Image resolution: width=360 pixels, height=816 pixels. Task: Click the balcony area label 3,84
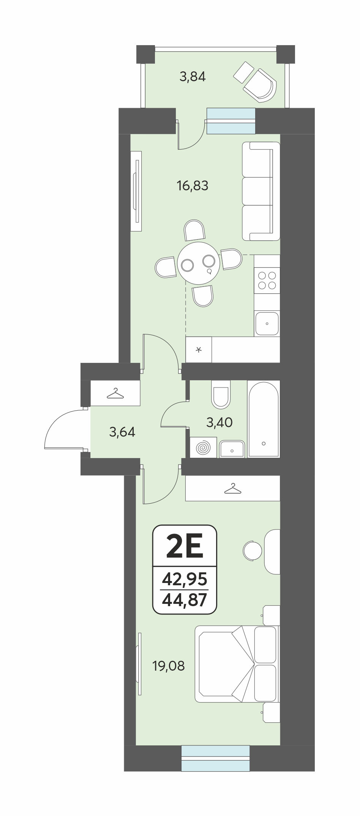click(x=193, y=77)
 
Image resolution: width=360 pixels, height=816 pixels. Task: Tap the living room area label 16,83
click(x=192, y=186)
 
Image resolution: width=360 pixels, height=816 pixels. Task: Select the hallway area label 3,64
click(x=122, y=432)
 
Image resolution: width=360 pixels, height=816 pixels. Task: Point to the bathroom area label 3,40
click(x=219, y=422)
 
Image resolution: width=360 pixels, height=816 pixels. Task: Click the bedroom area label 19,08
click(x=169, y=666)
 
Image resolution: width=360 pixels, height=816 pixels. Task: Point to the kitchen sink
click(x=267, y=323)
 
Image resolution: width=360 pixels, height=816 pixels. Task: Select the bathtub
click(x=264, y=419)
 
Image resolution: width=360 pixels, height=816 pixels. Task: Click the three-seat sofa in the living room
click(x=261, y=191)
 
